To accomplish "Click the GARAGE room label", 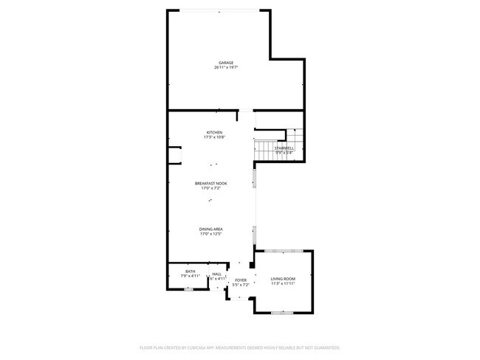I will [x=225, y=63].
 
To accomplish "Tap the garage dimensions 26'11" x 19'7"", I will [x=225, y=67].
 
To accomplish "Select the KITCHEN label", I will [x=214, y=133].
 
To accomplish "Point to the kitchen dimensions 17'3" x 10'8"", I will [x=214, y=137].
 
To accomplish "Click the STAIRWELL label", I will [x=284, y=148].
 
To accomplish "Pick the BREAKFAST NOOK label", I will [x=211, y=184].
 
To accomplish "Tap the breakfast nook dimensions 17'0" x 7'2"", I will [x=211, y=188].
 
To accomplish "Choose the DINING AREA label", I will [x=211, y=229].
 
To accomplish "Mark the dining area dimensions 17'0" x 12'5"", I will [x=211, y=234].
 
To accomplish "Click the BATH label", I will [x=191, y=272].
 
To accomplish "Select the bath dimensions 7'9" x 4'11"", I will [x=191, y=277].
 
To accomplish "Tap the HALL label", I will [x=217, y=274].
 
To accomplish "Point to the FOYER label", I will [x=241, y=280].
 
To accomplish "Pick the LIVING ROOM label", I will [x=283, y=278].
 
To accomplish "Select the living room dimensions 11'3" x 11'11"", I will [x=283, y=283].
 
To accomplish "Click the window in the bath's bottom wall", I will [x=188, y=290].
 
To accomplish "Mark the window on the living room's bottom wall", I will [x=281, y=313].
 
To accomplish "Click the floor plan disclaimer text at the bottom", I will [x=239, y=347].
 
